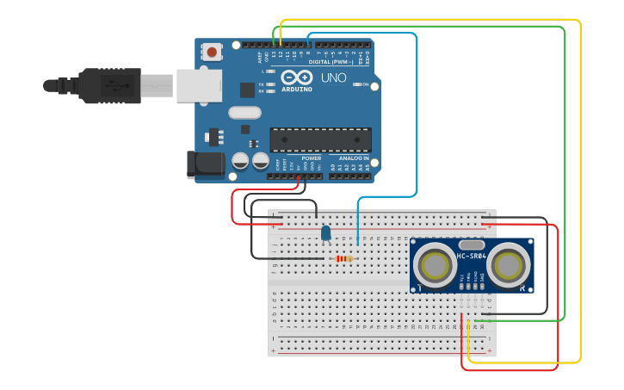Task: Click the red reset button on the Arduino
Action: click(212, 53)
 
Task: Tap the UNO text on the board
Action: click(333, 78)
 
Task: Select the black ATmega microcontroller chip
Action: click(320, 139)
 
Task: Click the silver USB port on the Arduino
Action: click(199, 86)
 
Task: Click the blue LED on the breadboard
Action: click(325, 232)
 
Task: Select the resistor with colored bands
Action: click(343, 258)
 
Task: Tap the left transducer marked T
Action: click(434, 265)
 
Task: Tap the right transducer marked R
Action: click(508, 265)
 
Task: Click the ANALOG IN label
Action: click(353, 158)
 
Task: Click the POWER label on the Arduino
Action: click(311, 158)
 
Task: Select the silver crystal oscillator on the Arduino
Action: click(244, 112)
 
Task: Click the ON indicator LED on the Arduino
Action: click(356, 84)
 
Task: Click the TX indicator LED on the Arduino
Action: click(271, 84)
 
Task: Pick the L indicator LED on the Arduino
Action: click(271, 71)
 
